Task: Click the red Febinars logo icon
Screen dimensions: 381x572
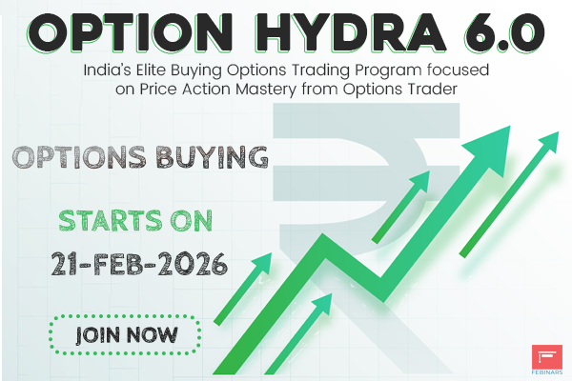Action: coord(546,353)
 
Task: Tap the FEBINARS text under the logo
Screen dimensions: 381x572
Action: coord(546,371)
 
